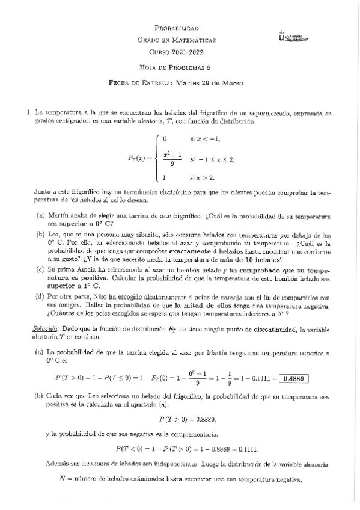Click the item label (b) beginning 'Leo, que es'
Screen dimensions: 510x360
coord(41,233)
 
